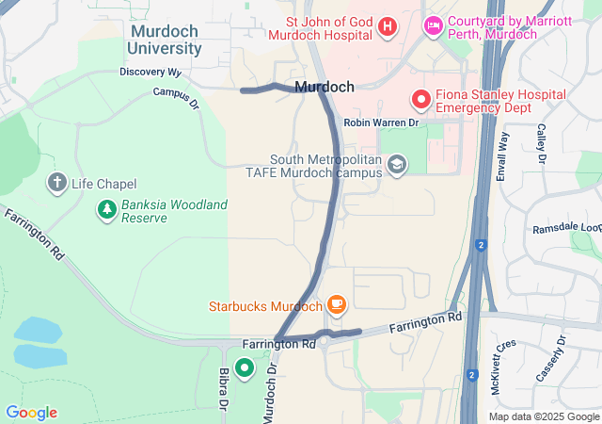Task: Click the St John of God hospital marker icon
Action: click(387, 26)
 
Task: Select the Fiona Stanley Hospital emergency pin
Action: click(420, 97)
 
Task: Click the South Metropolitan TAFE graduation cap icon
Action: click(397, 166)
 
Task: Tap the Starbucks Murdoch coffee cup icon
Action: click(337, 305)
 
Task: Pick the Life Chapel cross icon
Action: click(57, 183)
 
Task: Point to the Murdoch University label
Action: click(165, 40)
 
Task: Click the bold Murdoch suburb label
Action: click(325, 87)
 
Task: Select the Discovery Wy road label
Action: click(150, 72)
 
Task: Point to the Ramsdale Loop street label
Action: click(566, 228)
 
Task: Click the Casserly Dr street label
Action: click(550, 359)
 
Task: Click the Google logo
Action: click(31, 413)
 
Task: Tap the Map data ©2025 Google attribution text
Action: click(544, 416)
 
